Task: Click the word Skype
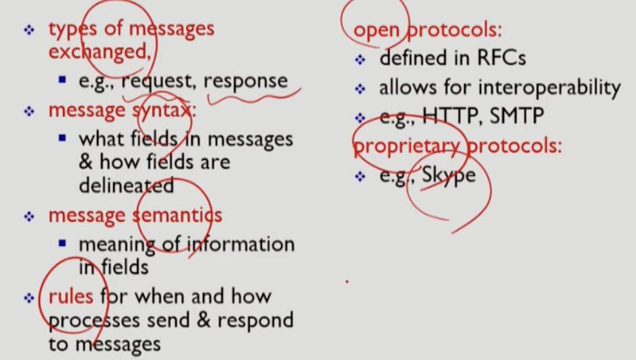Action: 449,175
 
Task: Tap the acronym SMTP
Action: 517,117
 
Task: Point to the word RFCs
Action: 499,58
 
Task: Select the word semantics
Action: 177,216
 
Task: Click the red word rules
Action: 71,296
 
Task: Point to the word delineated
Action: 126,185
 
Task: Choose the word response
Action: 245,81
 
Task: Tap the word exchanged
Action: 99,51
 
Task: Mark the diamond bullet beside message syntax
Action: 28,111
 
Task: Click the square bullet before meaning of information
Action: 62,243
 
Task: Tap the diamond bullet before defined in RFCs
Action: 360,59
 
